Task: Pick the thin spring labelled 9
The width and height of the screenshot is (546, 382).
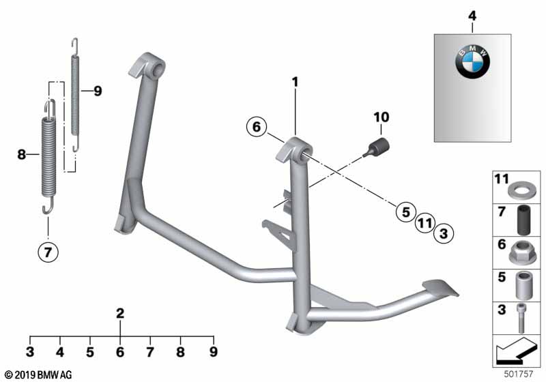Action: click(75, 95)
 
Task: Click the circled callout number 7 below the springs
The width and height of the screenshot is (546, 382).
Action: click(48, 252)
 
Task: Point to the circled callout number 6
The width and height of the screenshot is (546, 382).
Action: click(257, 127)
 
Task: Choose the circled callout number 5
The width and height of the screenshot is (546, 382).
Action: click(406, 212)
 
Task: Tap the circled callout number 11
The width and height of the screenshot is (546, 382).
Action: click(425, 222)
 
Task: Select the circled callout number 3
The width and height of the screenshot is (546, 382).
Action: click(444, 233)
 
